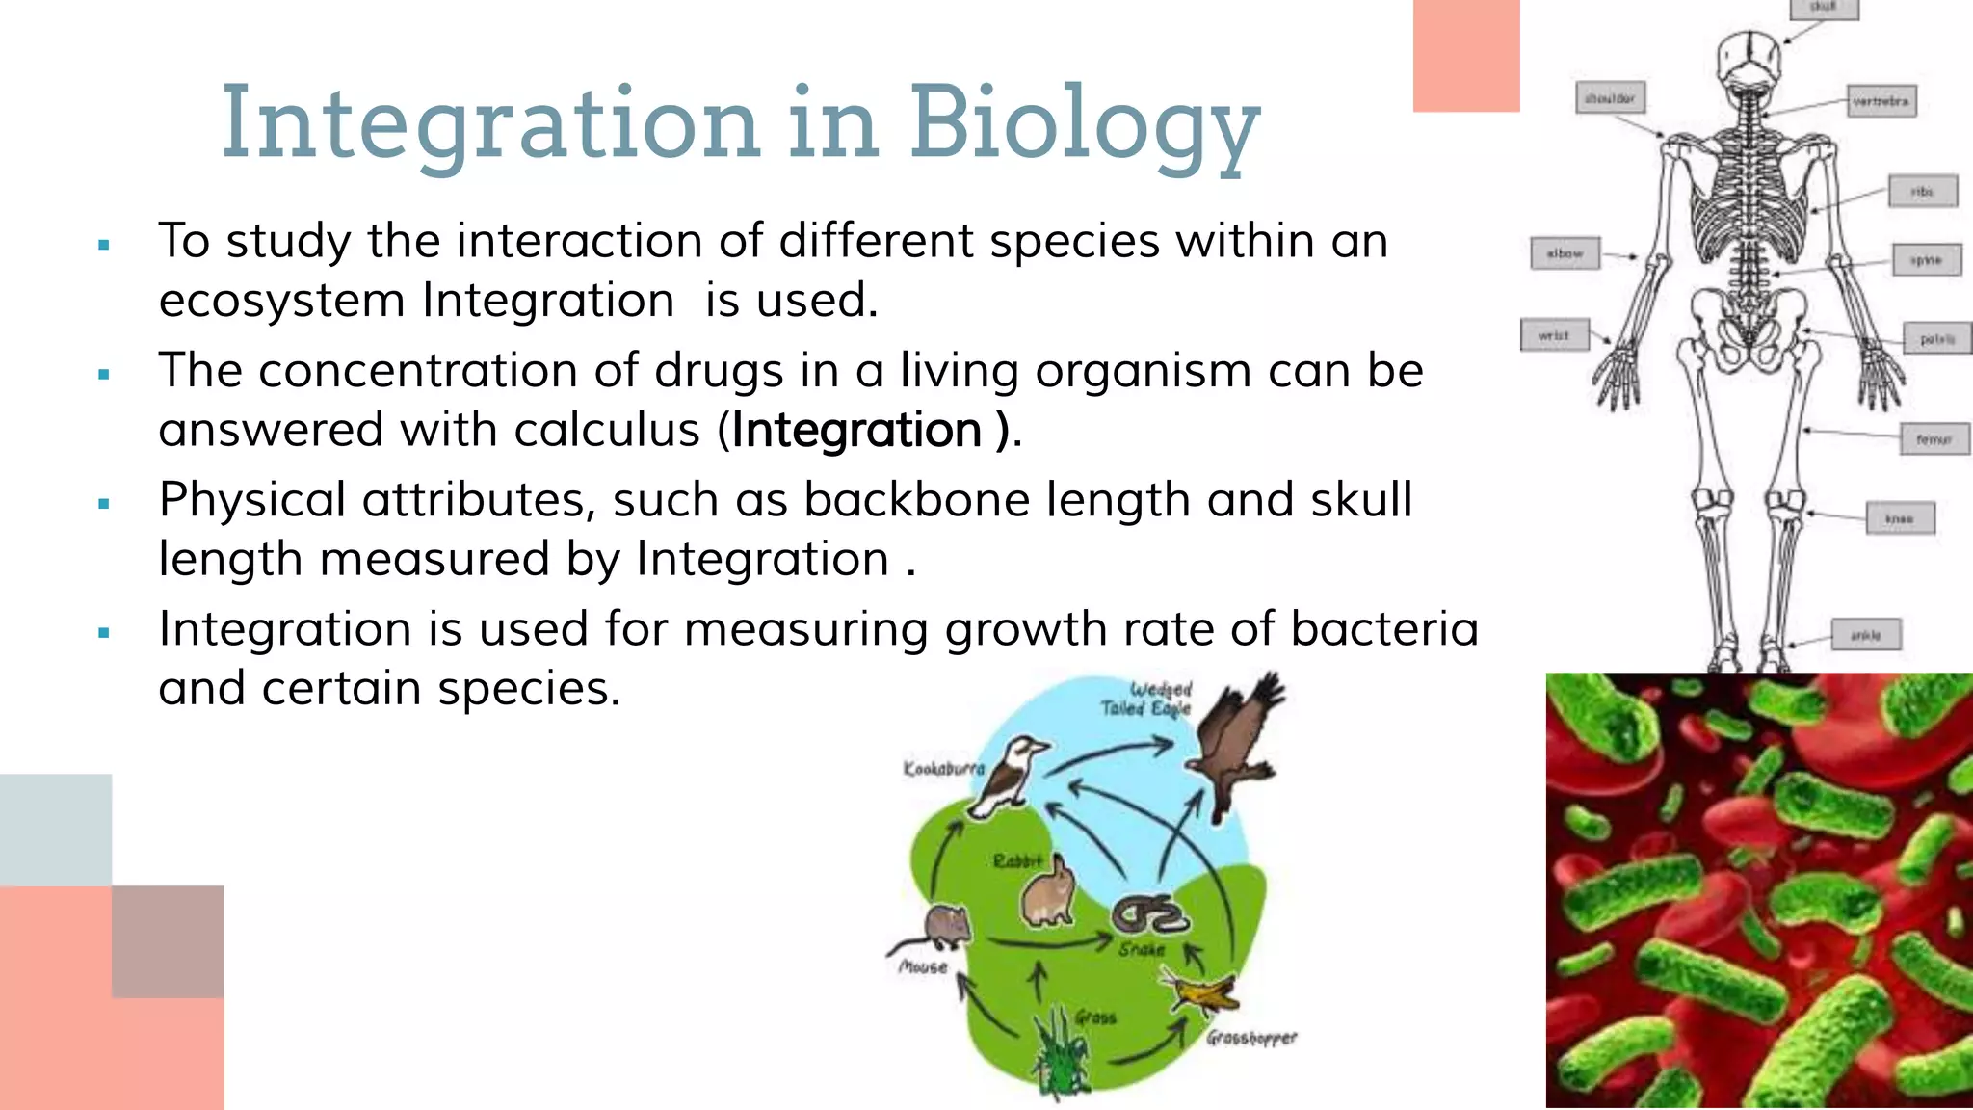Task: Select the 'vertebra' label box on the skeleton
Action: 1881,101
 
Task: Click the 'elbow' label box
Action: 1565,254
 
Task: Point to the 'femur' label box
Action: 1934,439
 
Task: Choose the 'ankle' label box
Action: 1865,635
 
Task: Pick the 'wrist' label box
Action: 1553,335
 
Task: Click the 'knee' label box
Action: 1899,518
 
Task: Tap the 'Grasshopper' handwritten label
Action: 1251,1038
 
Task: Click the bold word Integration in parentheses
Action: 856,430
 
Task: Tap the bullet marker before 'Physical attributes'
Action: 104,503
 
